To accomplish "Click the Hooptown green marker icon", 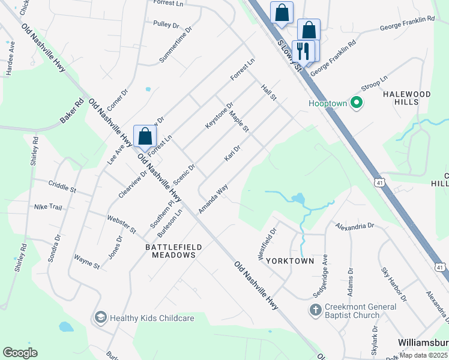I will coord(356,103).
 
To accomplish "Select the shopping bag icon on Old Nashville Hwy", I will coord(145,137).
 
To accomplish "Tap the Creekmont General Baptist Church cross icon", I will coord(315,310).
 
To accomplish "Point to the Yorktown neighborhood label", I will coord(290,262).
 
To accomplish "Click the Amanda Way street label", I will coord(213,199).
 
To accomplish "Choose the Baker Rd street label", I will coord(70,112).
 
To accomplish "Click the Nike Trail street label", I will coord(47,207).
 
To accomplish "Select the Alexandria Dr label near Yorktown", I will coord(355,226).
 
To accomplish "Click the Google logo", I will coord(20,353).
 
